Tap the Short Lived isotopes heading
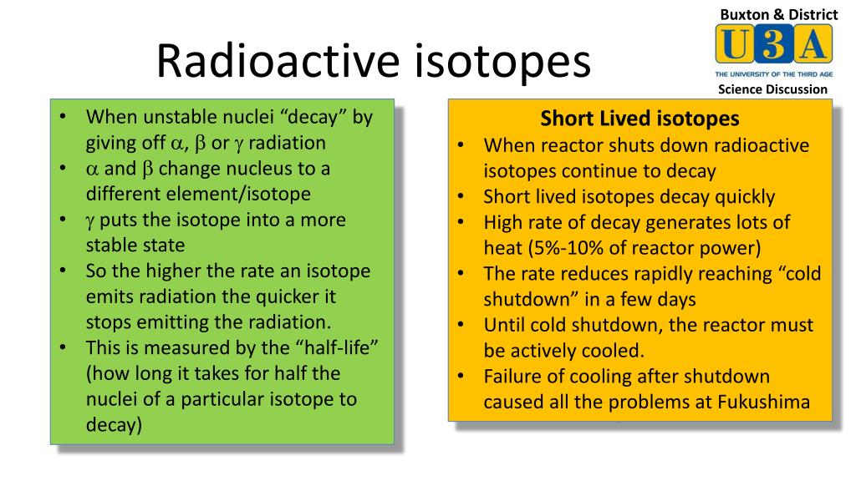point(639,119)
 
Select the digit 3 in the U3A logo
point(774,44)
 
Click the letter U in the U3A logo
point(733,44)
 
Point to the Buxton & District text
point(778,13)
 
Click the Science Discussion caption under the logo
point(772,89)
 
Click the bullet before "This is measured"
point(64,347)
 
